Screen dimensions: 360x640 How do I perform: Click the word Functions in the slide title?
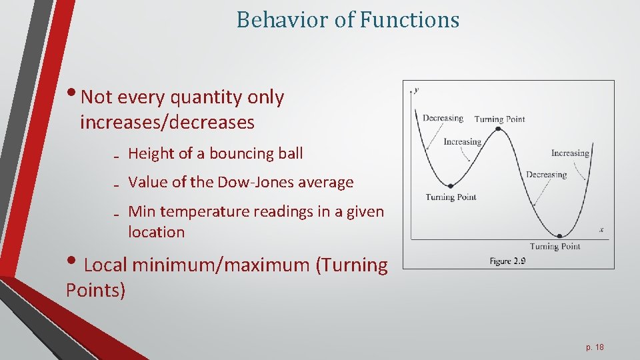click(x=409, y=20)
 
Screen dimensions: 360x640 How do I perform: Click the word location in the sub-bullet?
click(x=156, y=232)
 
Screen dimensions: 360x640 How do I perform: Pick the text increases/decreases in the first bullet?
click(x=167, y=123)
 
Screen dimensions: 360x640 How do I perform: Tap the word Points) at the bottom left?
click(x=95, y=291)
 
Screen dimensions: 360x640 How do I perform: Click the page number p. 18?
click(x=595, y=347)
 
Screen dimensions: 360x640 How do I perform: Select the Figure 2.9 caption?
click(x=507, y=261)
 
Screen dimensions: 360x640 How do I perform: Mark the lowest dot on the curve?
click(x=559, y=235)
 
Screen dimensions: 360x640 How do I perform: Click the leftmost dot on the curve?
click(x=450, y=186)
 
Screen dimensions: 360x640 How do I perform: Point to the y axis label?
click(x=417, y=89)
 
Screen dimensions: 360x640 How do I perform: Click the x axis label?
click(x=601, y=230)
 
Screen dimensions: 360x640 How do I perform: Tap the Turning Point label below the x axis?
click(x=555, y=247)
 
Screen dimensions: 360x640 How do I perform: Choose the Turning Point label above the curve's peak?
click(x=499, y=119)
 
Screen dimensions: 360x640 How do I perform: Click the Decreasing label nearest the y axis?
click(x=443, y=118)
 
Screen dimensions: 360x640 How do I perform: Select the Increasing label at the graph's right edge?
click(x=570, y=153)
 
